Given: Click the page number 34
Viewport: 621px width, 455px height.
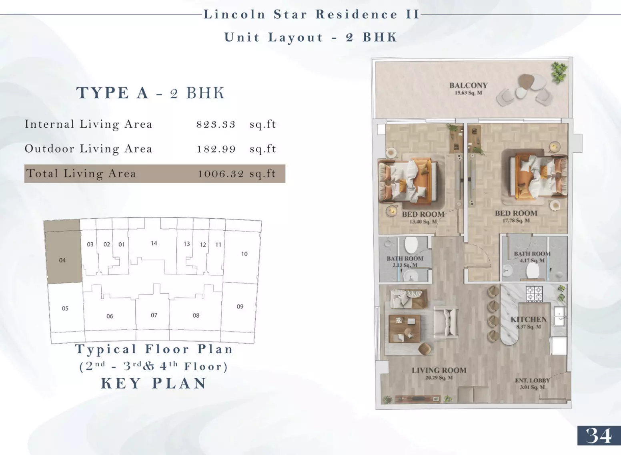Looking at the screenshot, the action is [599, 436].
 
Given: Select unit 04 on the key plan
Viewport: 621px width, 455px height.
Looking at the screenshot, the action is [62, 260].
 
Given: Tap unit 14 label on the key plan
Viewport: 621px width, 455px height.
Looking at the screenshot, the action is [154, 243].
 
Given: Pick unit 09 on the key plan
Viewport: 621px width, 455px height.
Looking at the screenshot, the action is [240, 306].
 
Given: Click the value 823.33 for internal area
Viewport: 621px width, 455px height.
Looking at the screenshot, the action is [216, 124].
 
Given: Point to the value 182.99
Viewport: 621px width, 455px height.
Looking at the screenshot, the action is [216, 149].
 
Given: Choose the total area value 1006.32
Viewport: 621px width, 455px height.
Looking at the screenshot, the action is [221, 174].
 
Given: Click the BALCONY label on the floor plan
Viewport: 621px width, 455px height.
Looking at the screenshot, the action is [469, 85].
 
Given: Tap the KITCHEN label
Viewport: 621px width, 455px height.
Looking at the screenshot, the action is [529, 319].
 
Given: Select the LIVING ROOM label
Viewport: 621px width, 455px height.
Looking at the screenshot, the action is [439, 370].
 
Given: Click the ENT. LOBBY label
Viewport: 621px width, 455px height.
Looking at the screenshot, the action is [533, 381].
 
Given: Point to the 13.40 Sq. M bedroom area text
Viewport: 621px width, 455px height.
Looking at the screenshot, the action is [423, 221].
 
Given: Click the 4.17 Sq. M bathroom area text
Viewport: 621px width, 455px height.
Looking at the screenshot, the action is [532, 260].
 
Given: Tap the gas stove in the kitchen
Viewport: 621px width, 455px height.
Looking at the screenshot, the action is [534, 294].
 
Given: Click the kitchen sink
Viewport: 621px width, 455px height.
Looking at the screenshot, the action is [559, 316].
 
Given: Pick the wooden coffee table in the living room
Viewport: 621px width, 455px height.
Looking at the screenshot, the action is [404, 328].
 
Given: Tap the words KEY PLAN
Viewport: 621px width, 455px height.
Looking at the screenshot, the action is [154, 383].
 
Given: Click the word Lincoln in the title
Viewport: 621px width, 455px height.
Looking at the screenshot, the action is [234, 14].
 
